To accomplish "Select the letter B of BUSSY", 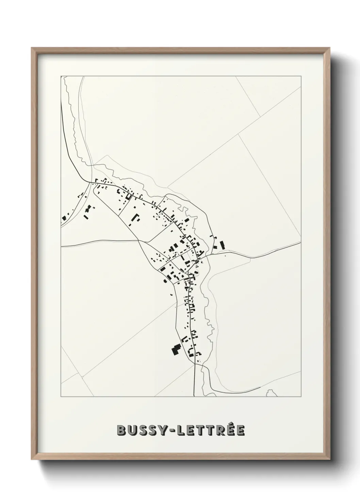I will point(121,430).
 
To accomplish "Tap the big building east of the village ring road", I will point(223,245).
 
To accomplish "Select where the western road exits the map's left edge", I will point(62,246).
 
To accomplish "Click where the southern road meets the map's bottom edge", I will point(194,396).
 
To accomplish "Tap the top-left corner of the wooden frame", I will point(32,48).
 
